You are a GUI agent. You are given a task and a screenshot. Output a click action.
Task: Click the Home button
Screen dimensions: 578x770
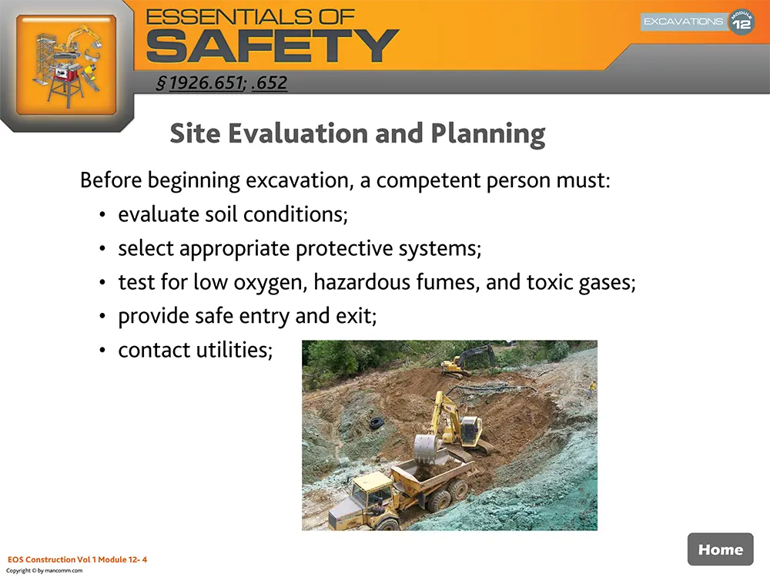click(720, 549)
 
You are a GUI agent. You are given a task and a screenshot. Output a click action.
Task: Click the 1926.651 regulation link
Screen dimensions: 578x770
click(206, 82)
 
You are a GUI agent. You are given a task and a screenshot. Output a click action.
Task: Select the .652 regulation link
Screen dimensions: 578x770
click(269, 82)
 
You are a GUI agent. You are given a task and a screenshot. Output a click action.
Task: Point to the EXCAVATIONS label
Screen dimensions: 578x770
click(683, 22)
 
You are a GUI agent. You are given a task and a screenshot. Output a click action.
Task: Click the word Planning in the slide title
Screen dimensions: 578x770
click(487, 133)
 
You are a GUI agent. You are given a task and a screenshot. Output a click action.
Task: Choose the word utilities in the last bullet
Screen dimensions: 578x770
click(230, 350)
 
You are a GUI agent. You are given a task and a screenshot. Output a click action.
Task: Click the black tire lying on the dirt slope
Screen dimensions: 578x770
click(374, 423)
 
